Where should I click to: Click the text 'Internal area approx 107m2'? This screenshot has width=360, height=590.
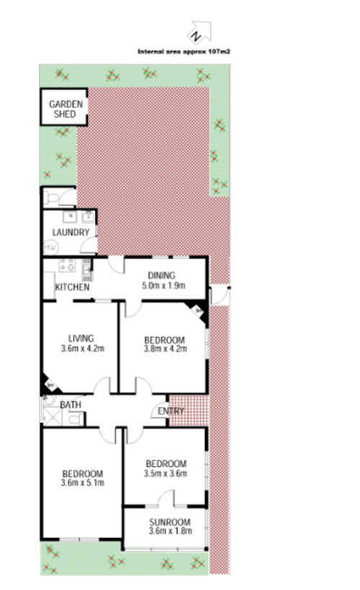point(189,52)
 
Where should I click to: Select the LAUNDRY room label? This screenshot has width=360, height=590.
point(71,233)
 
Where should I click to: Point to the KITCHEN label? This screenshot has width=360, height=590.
point(73,288)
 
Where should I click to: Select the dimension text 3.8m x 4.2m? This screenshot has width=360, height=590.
point(165,350)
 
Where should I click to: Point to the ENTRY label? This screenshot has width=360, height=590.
point(170,411)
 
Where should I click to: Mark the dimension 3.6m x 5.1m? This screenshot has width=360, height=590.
point(82,483)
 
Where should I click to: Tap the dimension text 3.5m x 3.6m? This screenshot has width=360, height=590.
point(166,474)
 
